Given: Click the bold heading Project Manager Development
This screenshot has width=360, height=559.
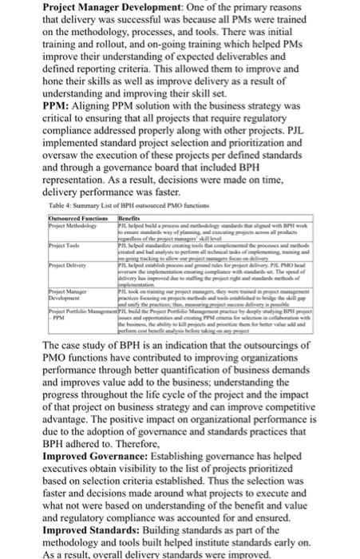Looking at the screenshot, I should click(88, 7).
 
